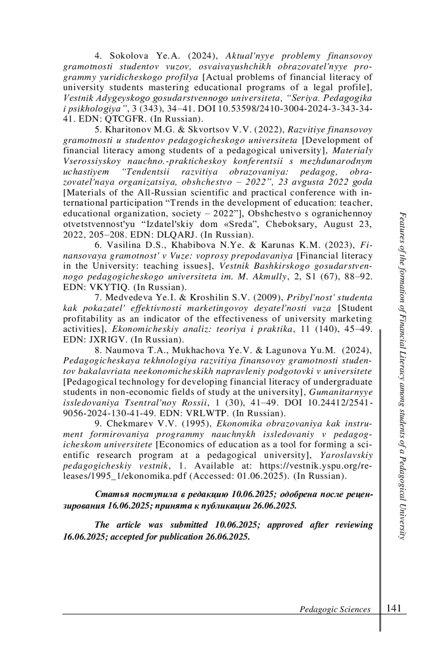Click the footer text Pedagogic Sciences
coord(335,609)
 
